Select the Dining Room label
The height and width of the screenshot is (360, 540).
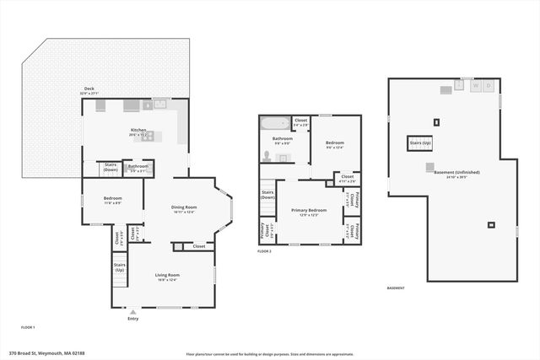[x=184, y=209]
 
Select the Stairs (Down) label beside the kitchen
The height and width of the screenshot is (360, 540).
[x=111, y=166]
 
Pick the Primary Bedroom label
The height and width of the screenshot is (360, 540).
[x=309, y=211]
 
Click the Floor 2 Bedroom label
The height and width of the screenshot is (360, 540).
[x=336, y=144]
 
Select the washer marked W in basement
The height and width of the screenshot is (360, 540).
[x=475, y=85]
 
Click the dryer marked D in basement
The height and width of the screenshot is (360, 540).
[x=489, y=85]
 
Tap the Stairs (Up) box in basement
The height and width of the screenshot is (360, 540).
[x=420, y=143]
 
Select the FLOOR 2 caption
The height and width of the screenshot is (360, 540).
[x=265, y=251]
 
